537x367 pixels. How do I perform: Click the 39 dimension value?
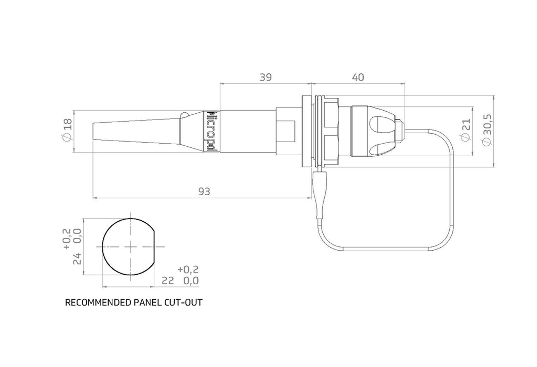(x=265, y=77)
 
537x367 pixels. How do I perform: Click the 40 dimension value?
(x=358, y=77)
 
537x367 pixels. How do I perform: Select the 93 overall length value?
(x=204, y=192)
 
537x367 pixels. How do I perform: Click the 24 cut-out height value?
(x=77, y=259)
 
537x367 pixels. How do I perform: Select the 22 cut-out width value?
(x=168, y=281)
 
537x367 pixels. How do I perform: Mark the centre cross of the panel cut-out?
(x=130, y=247)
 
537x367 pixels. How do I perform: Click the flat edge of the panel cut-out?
(x=154, y=247)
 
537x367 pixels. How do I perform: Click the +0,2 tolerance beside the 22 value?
(x=188, y=269)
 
